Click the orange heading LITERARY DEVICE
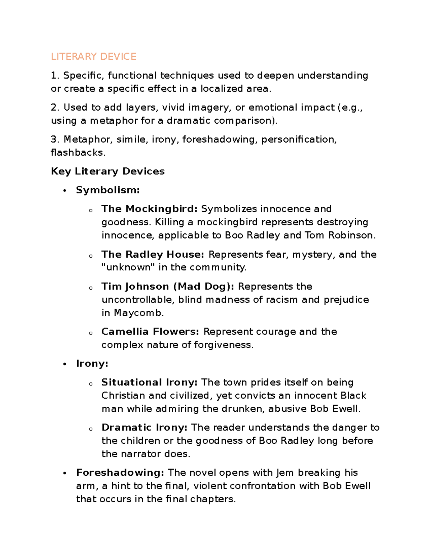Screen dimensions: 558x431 point(93,57)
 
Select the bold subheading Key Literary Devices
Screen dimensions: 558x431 point(108,171)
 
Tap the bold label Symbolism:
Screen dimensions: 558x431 point(108,190)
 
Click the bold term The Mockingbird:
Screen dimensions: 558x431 point(149,209)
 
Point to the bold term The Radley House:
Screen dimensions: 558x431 point(153,255)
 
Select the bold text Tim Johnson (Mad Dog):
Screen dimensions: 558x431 point(168,287)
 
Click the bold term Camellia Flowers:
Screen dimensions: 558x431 point(150,332)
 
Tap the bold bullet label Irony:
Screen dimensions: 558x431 point(92,364)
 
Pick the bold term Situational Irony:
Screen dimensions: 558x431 point(149,382)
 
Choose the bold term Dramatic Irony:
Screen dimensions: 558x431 point(144,428)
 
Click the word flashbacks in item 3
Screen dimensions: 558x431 point(77,153)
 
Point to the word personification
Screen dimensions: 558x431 point(298,139)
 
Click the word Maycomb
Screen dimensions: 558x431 point(138,313)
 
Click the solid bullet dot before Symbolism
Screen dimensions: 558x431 point(65,191)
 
